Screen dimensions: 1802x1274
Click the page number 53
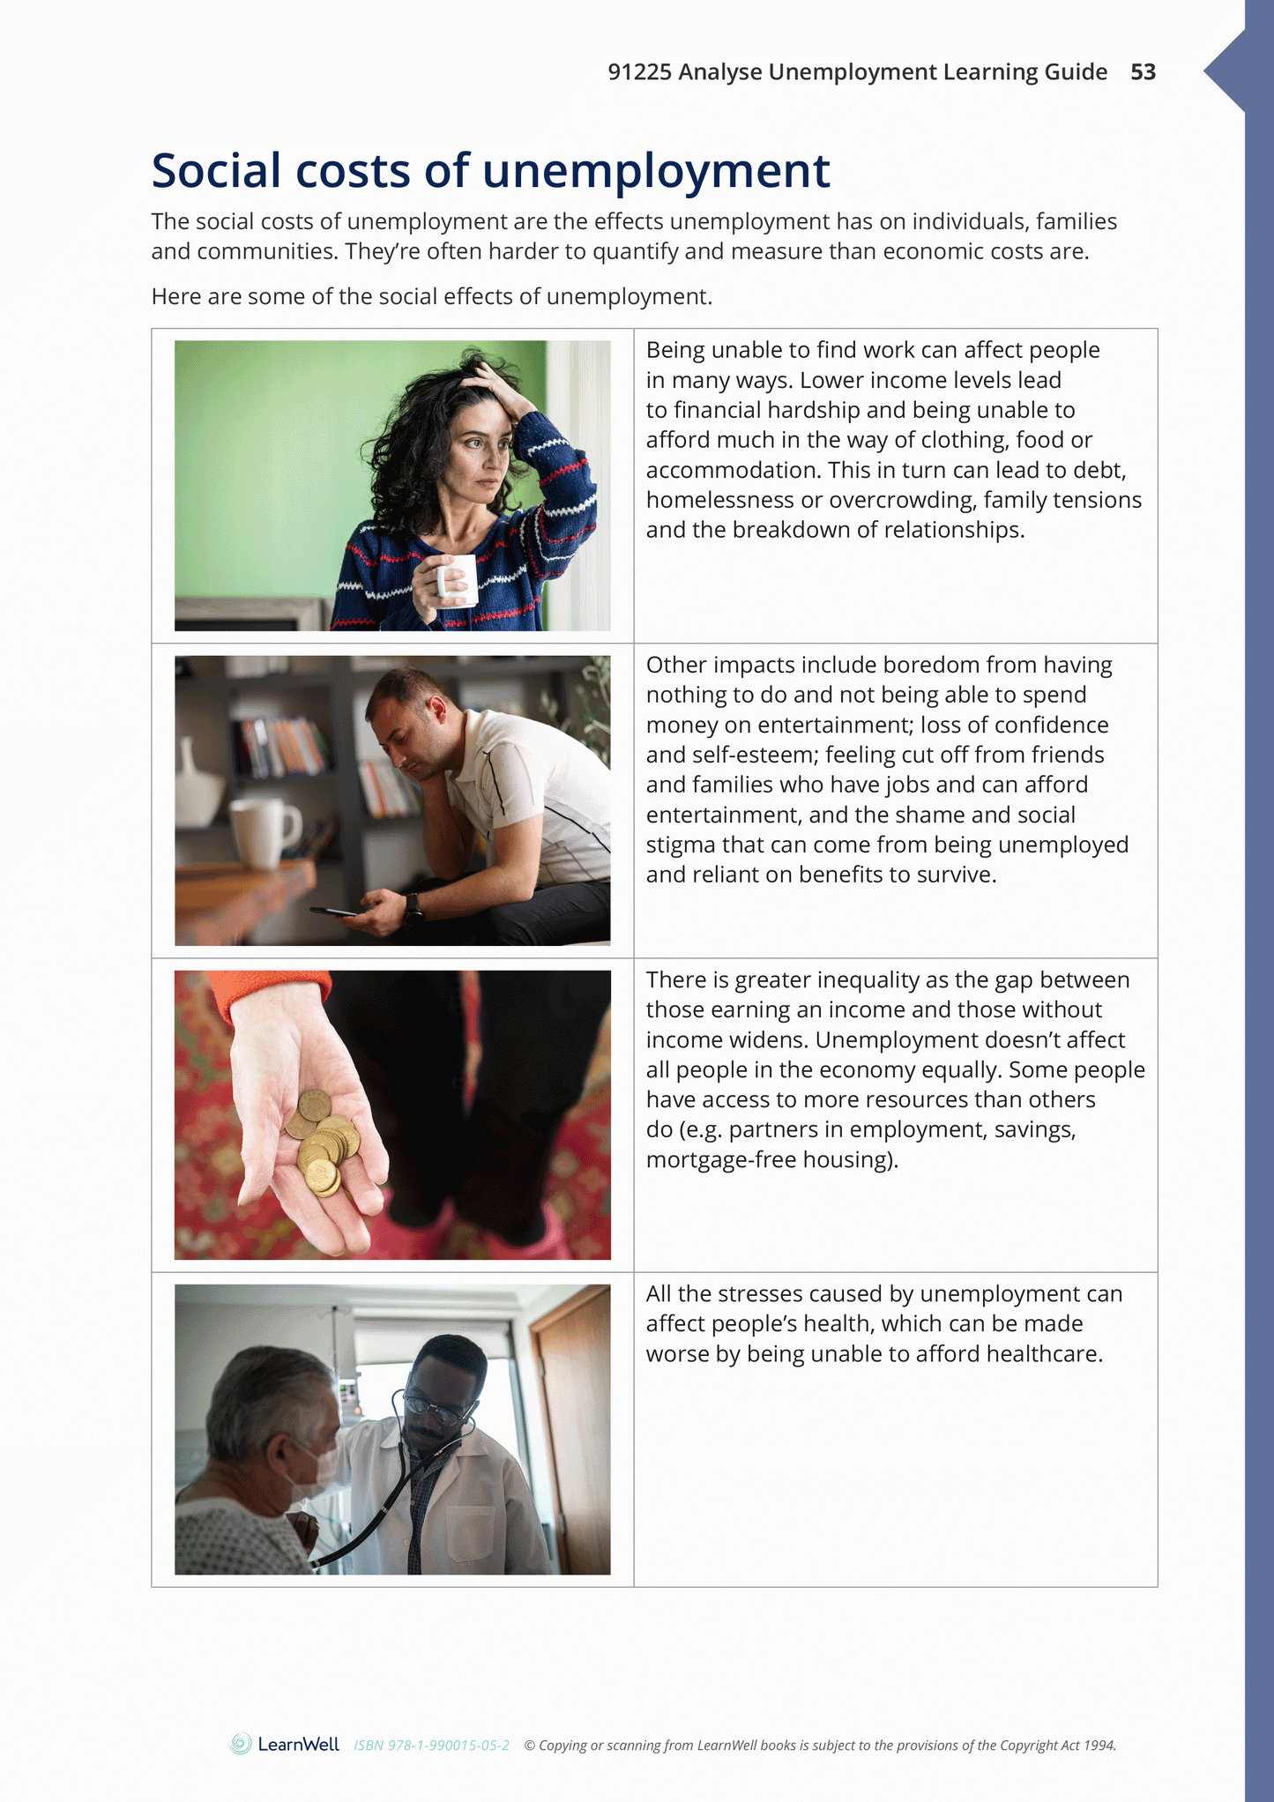pyautogui.click(x=1143, y=72)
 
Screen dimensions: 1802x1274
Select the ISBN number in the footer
pyautogui.click(x=431, y=1745)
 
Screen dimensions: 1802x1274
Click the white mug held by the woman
pyautogui.click(x=458, y=580)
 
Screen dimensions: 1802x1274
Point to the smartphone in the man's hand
pyautogui.click(x=332, y=912)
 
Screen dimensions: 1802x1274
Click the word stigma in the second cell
pyautogui.click(x=680, y=845)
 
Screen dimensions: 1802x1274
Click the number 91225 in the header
pyautogui.click(x=639, y=72)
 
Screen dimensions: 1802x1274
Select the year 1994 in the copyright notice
pyautogui.click(x=1099, y=1745)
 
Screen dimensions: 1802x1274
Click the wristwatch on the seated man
pyautogui.click(x=413, y=906)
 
